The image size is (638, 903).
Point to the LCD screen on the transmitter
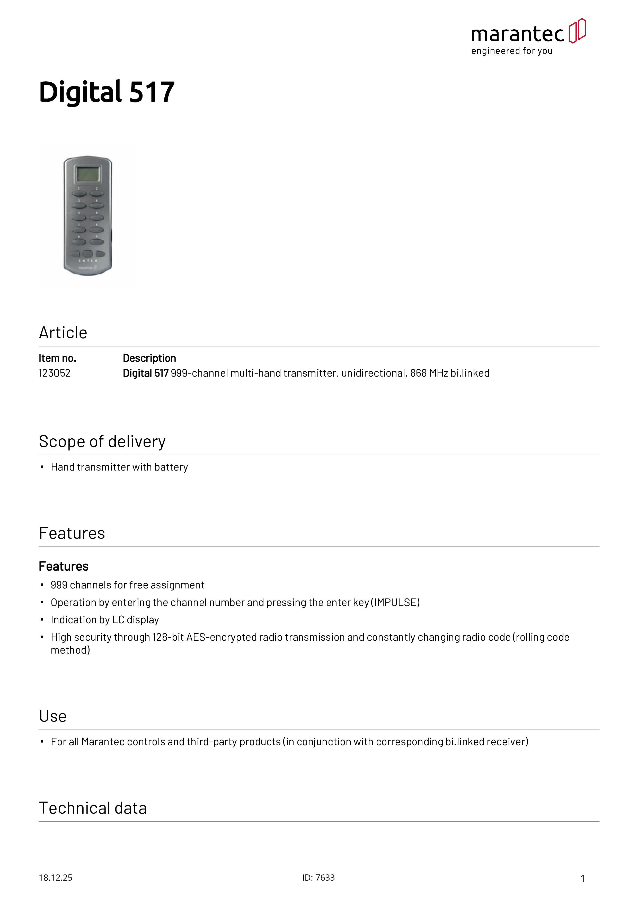tap(88, 174)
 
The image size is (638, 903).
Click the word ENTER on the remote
tap(88, 261)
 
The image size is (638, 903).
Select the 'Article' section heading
tap(63, 333)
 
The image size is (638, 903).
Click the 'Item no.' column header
tap(57, 358)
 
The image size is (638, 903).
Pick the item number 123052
tap(55, 373)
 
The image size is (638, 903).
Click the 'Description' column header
tap(149, 358)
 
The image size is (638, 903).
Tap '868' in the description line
tap(418, 373)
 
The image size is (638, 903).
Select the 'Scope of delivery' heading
tap(102, 442)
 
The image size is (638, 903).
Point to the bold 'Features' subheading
tap(64, 566)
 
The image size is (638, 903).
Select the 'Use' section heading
tap(53, 716)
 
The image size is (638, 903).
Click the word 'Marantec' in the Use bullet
tap(103, 742)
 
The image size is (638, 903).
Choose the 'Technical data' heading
tap(93, 808)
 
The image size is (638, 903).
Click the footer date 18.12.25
tap(55, 878)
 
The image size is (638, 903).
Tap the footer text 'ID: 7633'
tap(318, 878)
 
